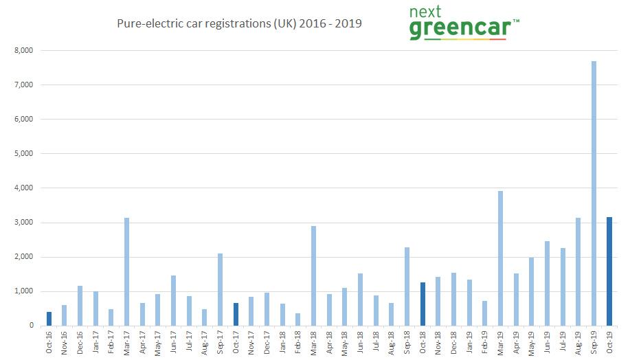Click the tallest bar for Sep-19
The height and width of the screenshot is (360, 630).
(x=594, y=193)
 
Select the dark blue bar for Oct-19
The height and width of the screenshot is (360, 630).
(x=609, y=271)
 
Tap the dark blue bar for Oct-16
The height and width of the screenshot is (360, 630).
(x=49, y=319)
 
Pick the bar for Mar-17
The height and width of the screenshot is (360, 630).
(x=126, y=271)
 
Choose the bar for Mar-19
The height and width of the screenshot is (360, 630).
(x=500, y=258)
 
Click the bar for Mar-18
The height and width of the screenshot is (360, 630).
(x=313, y=275)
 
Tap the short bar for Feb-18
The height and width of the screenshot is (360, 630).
(x=298, y=319)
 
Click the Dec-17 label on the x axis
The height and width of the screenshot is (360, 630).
(x=267, y=342)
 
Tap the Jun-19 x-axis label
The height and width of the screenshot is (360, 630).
(x=548, y=342)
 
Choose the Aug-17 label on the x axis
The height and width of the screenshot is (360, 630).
(x=205, y=342)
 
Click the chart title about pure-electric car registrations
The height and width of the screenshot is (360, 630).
(x=240, y=24)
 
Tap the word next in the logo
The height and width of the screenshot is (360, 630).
(x=431, y=12)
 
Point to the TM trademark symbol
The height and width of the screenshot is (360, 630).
(x=516, y=21)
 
